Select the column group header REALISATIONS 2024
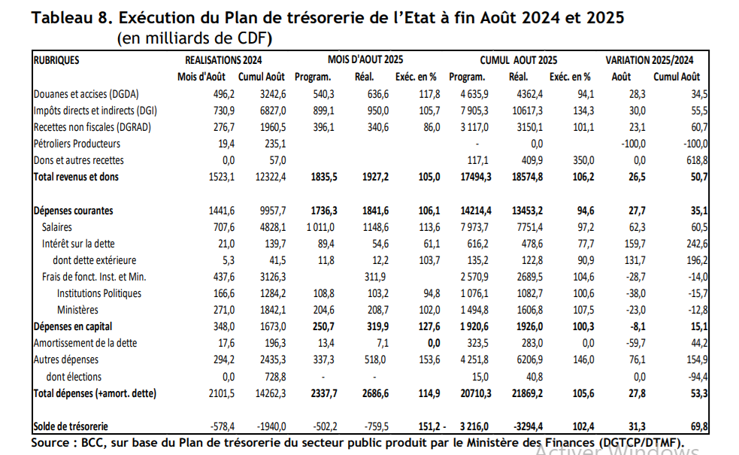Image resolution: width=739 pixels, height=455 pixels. pyautogui.click(x=223, y=59)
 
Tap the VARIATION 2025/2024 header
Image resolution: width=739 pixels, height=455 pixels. pyautogui.click(x=650, y=59)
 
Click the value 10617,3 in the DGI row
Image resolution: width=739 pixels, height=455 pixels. pyautogui.click(x=525, y=111)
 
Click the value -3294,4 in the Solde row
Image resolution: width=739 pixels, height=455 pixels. pyautogui.click(x=525, y=426)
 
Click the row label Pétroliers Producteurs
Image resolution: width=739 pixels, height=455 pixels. pyautogui.click(x=77, y=144)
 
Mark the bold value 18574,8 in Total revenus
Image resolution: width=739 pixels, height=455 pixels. pyautogui.click(x=525, y=177)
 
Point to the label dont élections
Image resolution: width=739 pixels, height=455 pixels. pyautogui.click(x=74, y=377)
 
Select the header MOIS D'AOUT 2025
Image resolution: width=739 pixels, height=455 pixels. pyautogui.click(x=366, y=59)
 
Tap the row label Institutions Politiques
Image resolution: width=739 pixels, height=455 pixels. pyautogui.click(x=99, y=293)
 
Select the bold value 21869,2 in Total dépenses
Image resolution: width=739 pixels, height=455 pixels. pyautogui.click(x=525, y=393)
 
